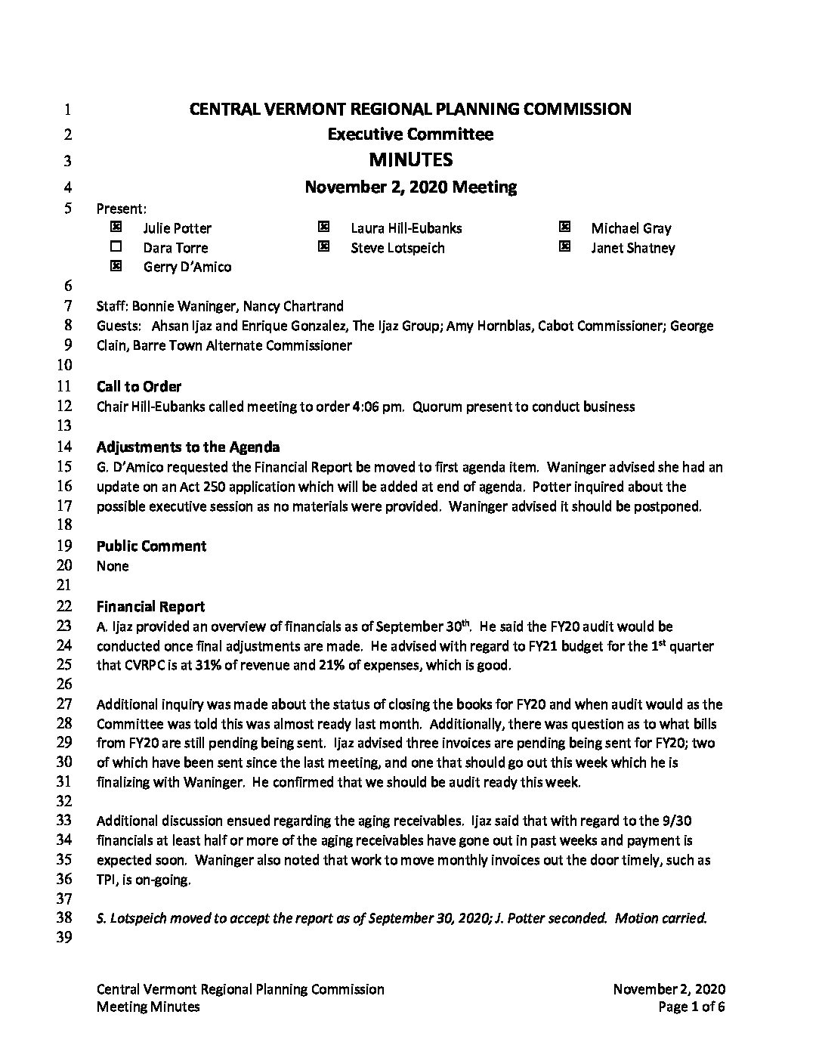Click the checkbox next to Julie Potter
(x=116, y=227)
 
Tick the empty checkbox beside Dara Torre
(x=116, y=246)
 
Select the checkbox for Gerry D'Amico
(x=116, y=266)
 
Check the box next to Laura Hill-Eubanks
(x=323, y=227)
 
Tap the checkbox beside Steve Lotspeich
(x=323, y=246)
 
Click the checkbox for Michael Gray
(x=564, y=227)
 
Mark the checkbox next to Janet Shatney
(x=564, y=246)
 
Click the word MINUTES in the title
(x=410, y=159)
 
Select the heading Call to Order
(x=139, y=387)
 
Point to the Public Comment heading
(x=151, y=546)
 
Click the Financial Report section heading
(x=150, y=606)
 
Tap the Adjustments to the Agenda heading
(x=188, y=447)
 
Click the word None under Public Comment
(x=113, y=566)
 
